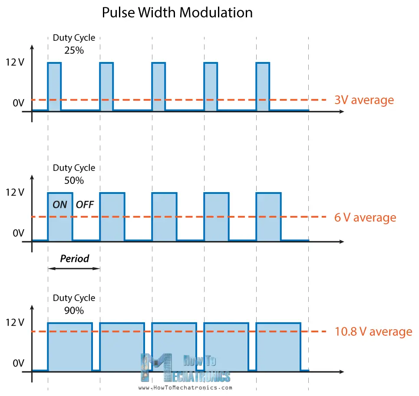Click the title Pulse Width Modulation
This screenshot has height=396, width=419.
coord(177,13)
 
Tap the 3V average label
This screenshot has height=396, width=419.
coord(364,100)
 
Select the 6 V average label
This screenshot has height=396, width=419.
coord(365,217)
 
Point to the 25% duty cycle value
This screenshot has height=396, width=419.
coord(74,50)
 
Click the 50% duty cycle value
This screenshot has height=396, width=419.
coord(74,180)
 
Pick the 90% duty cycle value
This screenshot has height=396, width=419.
coord(74,310)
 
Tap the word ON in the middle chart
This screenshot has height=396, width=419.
coord(60,204)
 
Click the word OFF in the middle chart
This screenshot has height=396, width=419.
coord(85,204)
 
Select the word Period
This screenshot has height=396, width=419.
coord(74,259)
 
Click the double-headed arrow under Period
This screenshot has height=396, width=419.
coord(74,268)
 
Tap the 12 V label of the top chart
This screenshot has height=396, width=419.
coord(15,62)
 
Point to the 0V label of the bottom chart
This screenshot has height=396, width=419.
coord(18,363)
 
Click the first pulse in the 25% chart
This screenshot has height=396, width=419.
coord(54,86)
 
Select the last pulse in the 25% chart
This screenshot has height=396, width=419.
coord(263,86)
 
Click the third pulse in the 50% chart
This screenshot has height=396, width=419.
coord(164,216)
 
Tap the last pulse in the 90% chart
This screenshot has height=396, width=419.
coord(278,347)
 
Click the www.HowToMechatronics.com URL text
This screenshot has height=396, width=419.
coord(185,388)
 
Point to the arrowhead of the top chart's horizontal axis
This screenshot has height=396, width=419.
coord(342,111)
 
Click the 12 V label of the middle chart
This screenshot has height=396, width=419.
coord(15,193)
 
